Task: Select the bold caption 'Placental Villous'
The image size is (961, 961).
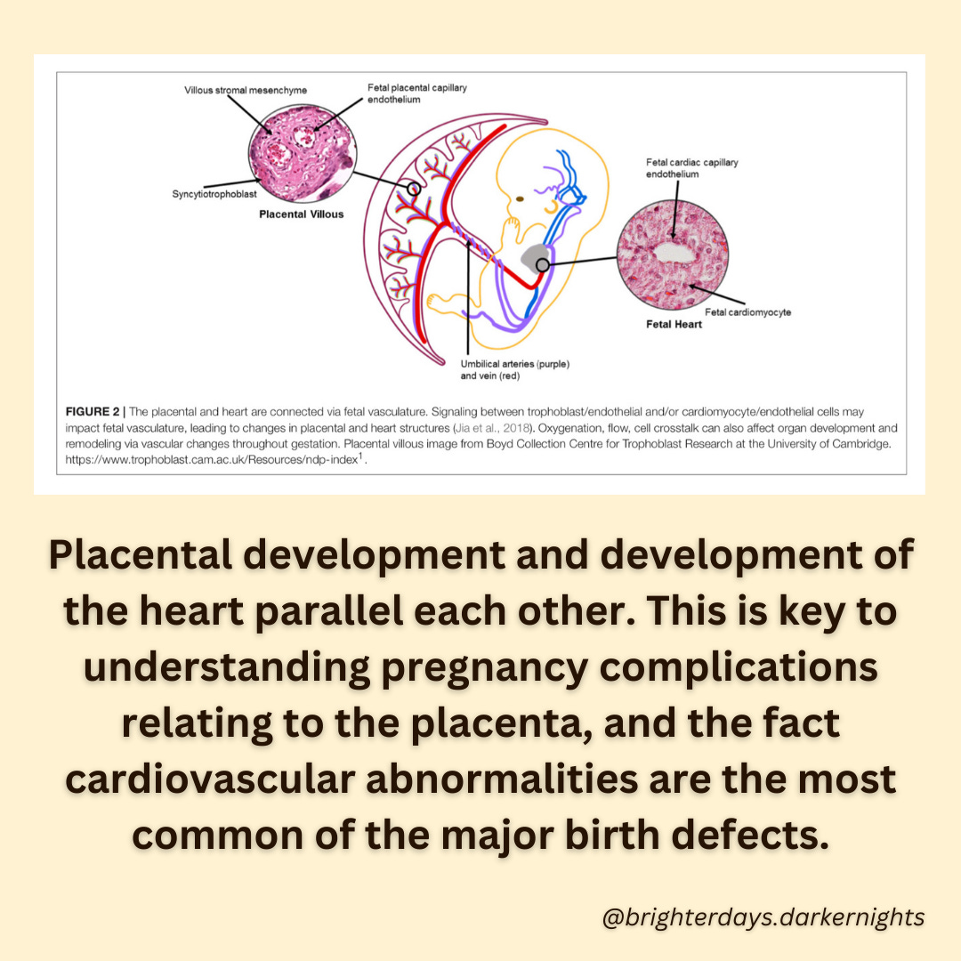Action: coord(301,214)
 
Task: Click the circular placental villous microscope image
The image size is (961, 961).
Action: coord(298,157)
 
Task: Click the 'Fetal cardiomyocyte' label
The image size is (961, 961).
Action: coord(747,312)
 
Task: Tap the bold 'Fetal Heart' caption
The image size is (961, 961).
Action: coord(674,325)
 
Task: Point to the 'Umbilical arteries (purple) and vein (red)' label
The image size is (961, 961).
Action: coord(514,370)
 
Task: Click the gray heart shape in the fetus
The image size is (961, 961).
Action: coord(537,257)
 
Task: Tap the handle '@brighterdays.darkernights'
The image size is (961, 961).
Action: coord(763,917)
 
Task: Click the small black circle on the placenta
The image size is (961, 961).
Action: coord(413,189)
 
